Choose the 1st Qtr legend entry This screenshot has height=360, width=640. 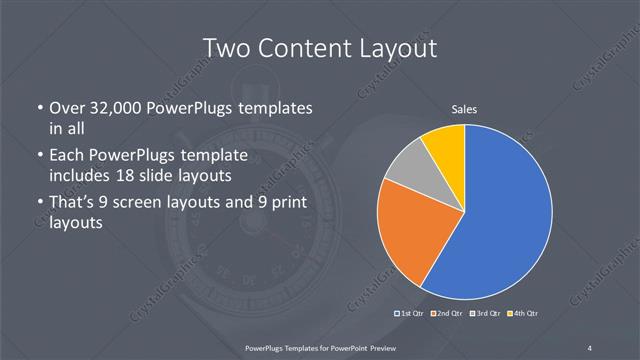[412, 314]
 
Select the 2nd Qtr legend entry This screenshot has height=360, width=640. [446, 314]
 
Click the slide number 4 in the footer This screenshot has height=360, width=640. [590, 347]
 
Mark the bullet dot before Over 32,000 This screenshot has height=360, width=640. [39, 108]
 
